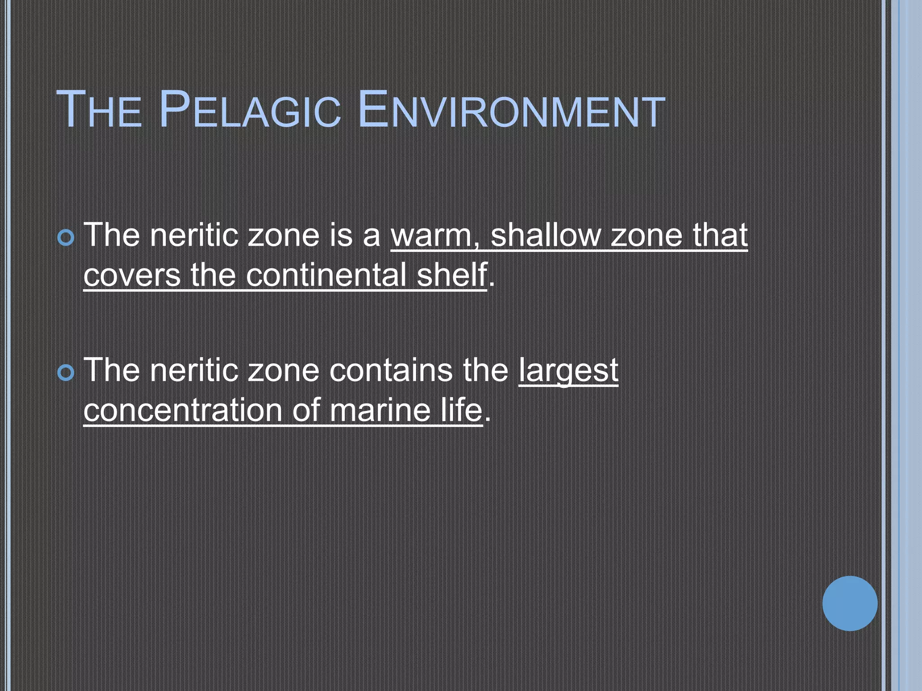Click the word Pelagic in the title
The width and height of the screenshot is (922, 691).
249,110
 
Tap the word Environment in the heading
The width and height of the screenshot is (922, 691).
512,110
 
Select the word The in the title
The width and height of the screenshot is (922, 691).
99,110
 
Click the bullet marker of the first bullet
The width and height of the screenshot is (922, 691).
66,237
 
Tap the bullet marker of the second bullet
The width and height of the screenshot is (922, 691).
66,373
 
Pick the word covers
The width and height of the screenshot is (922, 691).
132,275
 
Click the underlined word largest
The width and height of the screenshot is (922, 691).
568,372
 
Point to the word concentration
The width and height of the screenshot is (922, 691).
182,410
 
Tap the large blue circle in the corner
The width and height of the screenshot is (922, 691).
850,603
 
